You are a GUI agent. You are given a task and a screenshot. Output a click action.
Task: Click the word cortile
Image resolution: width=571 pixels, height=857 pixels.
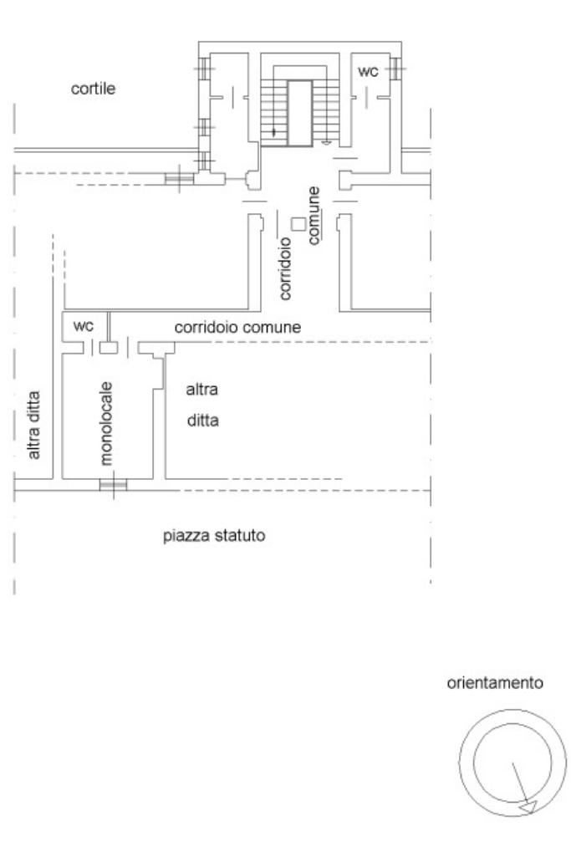pos(93,90)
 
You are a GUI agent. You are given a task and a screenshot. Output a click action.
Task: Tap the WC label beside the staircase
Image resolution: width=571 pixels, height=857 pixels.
pos(368,72)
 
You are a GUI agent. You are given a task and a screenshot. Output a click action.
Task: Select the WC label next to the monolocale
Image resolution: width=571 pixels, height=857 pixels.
pos(84,326)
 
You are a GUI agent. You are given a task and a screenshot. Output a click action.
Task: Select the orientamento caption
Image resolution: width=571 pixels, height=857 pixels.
pos(495,683)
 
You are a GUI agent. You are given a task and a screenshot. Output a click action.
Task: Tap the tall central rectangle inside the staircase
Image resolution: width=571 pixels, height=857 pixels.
pos(299,113)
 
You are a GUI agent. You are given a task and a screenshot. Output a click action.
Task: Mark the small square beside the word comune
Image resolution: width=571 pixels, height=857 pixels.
pos(298,223)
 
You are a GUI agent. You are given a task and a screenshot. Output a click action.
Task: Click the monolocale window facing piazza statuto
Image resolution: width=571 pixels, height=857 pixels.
pos(112,484)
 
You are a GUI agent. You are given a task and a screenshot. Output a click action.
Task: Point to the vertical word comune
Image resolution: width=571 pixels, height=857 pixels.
pos(314,216)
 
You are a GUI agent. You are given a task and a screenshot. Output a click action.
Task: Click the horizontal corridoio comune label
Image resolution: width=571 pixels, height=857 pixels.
pos(237,327)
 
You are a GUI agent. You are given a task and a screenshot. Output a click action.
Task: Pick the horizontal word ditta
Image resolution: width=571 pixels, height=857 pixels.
pos(202,421)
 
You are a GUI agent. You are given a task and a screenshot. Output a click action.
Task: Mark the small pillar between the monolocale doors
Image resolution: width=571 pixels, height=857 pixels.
pos(107,347)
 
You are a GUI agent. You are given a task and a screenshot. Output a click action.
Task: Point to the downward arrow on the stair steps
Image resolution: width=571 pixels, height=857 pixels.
pos(273,131)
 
